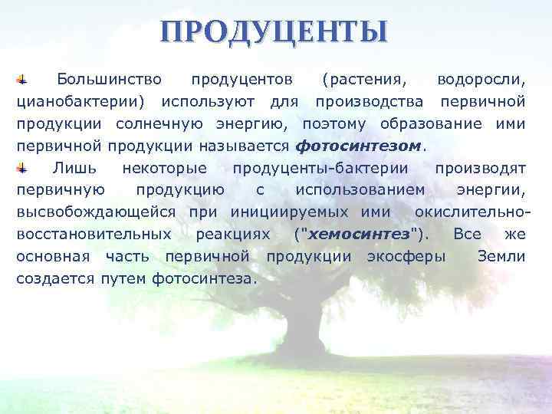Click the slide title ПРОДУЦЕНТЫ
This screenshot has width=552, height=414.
coord(275,33)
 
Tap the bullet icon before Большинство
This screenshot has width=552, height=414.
coord(23,79)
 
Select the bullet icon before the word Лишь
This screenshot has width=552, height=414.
coord(23,168)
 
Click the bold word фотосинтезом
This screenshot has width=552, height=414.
coord(358,146)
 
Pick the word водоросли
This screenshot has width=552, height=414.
coord(481,80)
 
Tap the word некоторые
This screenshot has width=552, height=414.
coord(164,168)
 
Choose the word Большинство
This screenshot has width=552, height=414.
coord(109,80)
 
